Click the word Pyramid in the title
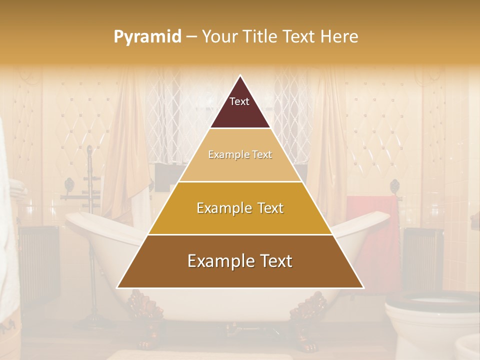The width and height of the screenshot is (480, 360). [147, 37]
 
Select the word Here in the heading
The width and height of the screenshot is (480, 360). [339, 37]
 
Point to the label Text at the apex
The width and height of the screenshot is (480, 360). [239, 101]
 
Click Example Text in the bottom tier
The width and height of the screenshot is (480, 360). [240, 261]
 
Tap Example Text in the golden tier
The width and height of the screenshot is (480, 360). [240, 208]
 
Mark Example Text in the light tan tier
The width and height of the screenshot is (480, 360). [240, 154]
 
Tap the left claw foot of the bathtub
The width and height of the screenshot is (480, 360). [147, 320]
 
